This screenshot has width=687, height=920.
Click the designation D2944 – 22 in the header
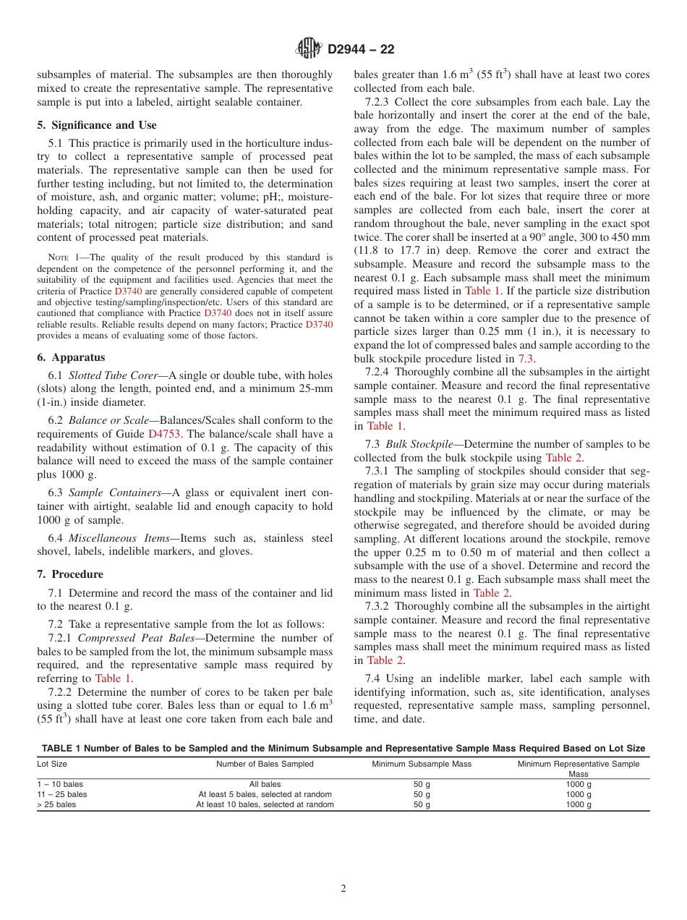tap(361, 50)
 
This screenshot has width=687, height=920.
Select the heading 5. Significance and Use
tap(97, 125)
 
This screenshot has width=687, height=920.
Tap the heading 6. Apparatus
tap(71, 357)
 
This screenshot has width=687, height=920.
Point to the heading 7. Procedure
tap(70, 574)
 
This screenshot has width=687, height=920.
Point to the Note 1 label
tap(58, 257)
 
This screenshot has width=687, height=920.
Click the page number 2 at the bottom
tap(343, 889)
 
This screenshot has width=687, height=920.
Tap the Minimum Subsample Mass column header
tap(422, 764)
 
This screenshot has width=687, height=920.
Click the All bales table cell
tap(265, 784)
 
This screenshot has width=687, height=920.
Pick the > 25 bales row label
tap(56, 804)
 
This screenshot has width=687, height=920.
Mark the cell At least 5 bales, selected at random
tap(265, 794)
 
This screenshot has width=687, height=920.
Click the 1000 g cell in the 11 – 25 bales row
tap(579, 794)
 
